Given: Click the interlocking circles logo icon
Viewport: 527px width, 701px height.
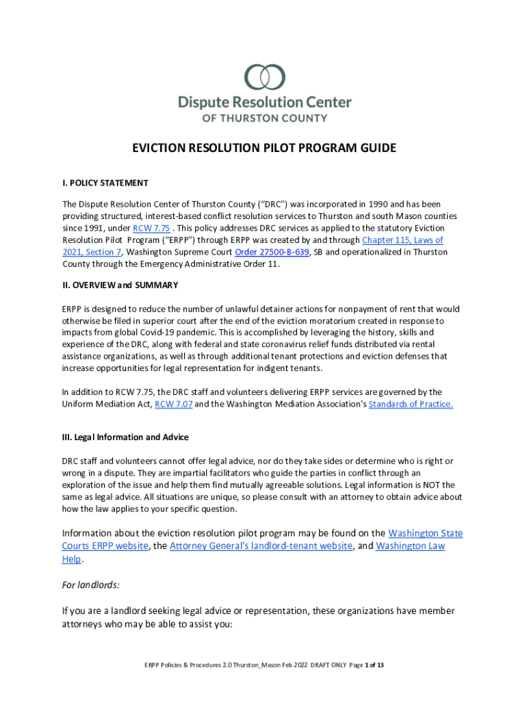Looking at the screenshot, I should coord(265,77).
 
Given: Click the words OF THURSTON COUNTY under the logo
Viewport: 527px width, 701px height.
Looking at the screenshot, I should coord(264,118).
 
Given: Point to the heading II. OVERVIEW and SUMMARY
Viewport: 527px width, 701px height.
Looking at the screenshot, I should coord(120,285).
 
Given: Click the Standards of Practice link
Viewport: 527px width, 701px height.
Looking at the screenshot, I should coord(411,404).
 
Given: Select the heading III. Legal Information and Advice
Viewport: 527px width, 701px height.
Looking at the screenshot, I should coord(125,437).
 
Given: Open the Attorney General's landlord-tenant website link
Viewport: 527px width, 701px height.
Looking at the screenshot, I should coord(261,546).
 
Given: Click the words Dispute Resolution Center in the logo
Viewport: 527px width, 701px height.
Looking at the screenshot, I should coord(264,103).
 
